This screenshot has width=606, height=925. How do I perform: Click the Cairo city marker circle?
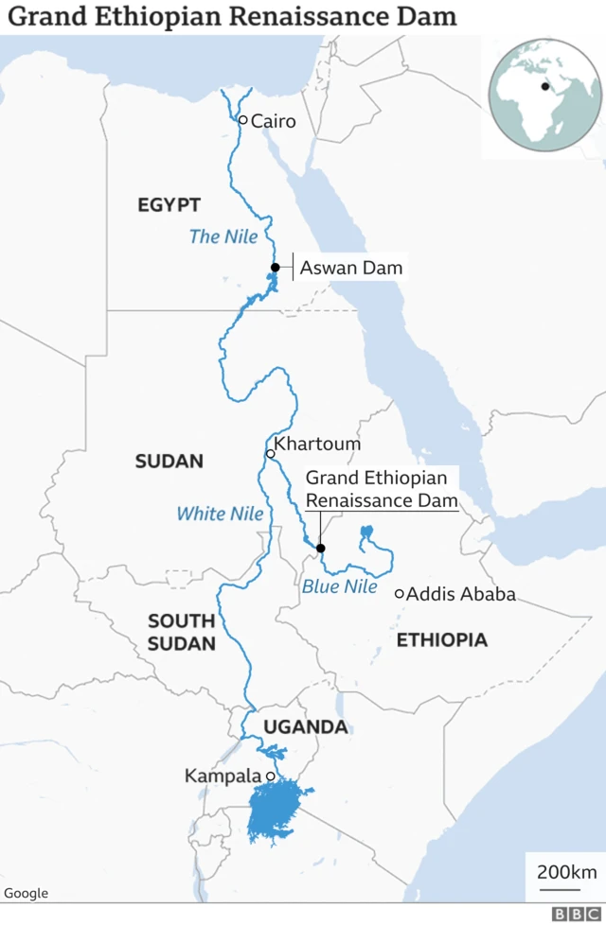[x=242, y=120]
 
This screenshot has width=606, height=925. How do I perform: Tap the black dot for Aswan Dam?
[x=275, y=268]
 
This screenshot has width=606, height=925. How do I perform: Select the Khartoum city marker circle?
[x=270, y=454]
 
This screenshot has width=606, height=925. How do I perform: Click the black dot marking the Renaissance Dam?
[x=320, y=549]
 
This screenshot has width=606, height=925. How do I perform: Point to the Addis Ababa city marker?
[x=400, y=594]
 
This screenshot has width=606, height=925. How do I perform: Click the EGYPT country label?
[x=169, y=205]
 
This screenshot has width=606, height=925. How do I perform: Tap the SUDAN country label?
[x=169, y=462]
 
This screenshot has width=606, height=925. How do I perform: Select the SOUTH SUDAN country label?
[x=182, y=633]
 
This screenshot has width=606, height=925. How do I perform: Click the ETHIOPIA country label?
[x=441, y=640]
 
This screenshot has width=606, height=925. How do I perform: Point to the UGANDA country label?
[x=306, y=727]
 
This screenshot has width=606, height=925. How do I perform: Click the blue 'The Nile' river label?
[x=223, y=236]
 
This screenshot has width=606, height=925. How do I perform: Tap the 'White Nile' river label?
[x=221, y=514]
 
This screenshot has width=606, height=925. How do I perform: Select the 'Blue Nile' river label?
[x=340, y=587]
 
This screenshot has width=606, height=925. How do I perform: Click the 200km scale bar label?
[x=566, y=871]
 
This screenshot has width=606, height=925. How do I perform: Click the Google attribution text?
[x=26, y=893]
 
